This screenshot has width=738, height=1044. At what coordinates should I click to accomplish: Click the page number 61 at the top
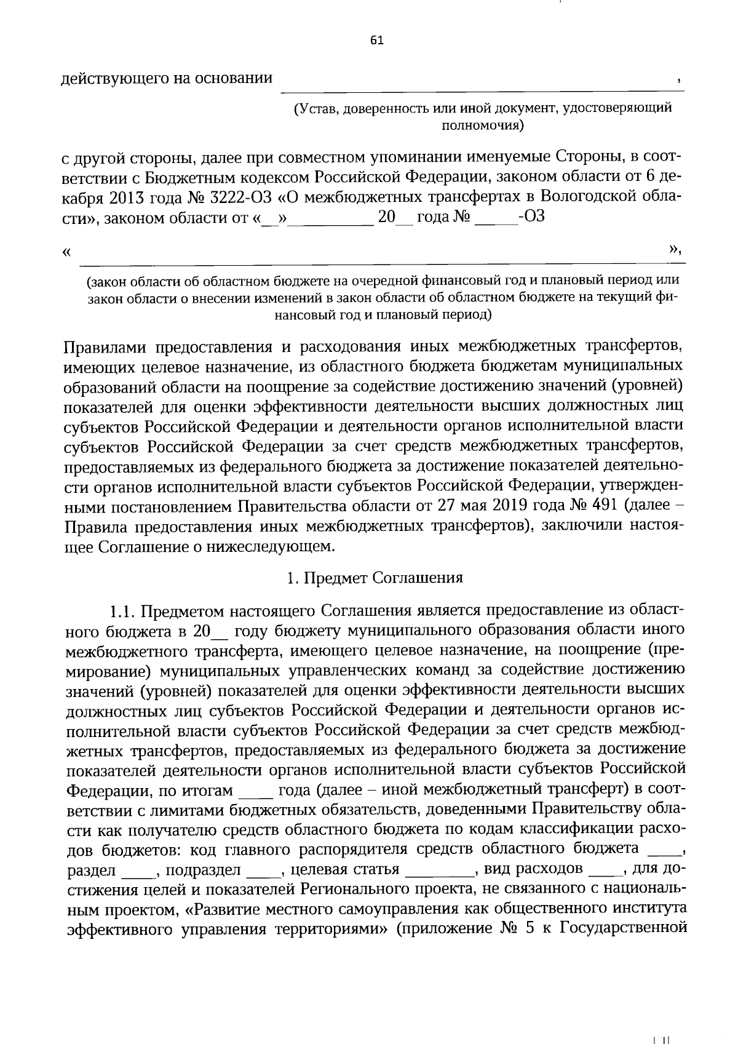click(376, 41)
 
